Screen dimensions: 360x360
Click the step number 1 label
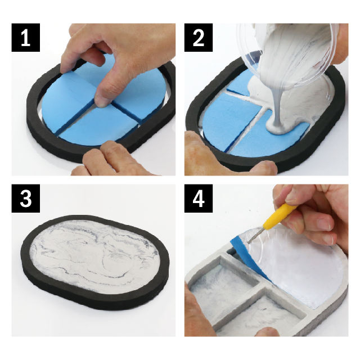(x=26, y=38)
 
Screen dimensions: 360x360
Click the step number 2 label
(x=199, y=38)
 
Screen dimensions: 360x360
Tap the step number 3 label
(x=26, y=199)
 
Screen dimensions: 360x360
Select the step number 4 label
(x=199, y=199)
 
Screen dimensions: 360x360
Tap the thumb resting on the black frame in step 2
(x=264, y=166)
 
